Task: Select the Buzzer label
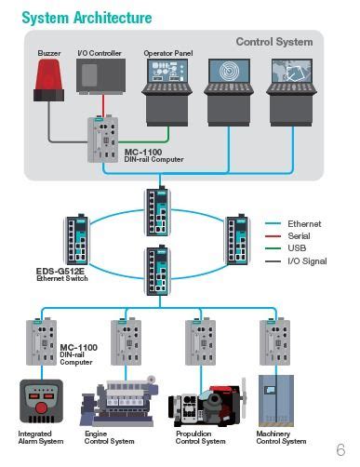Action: click(x=48, y=54)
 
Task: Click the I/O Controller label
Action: click(x=99, y=54)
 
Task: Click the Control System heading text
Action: click(x=273, y=42)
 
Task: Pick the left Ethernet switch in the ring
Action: click(x=75, y=239)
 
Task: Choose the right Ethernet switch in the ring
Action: click(x=236, y=239)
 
